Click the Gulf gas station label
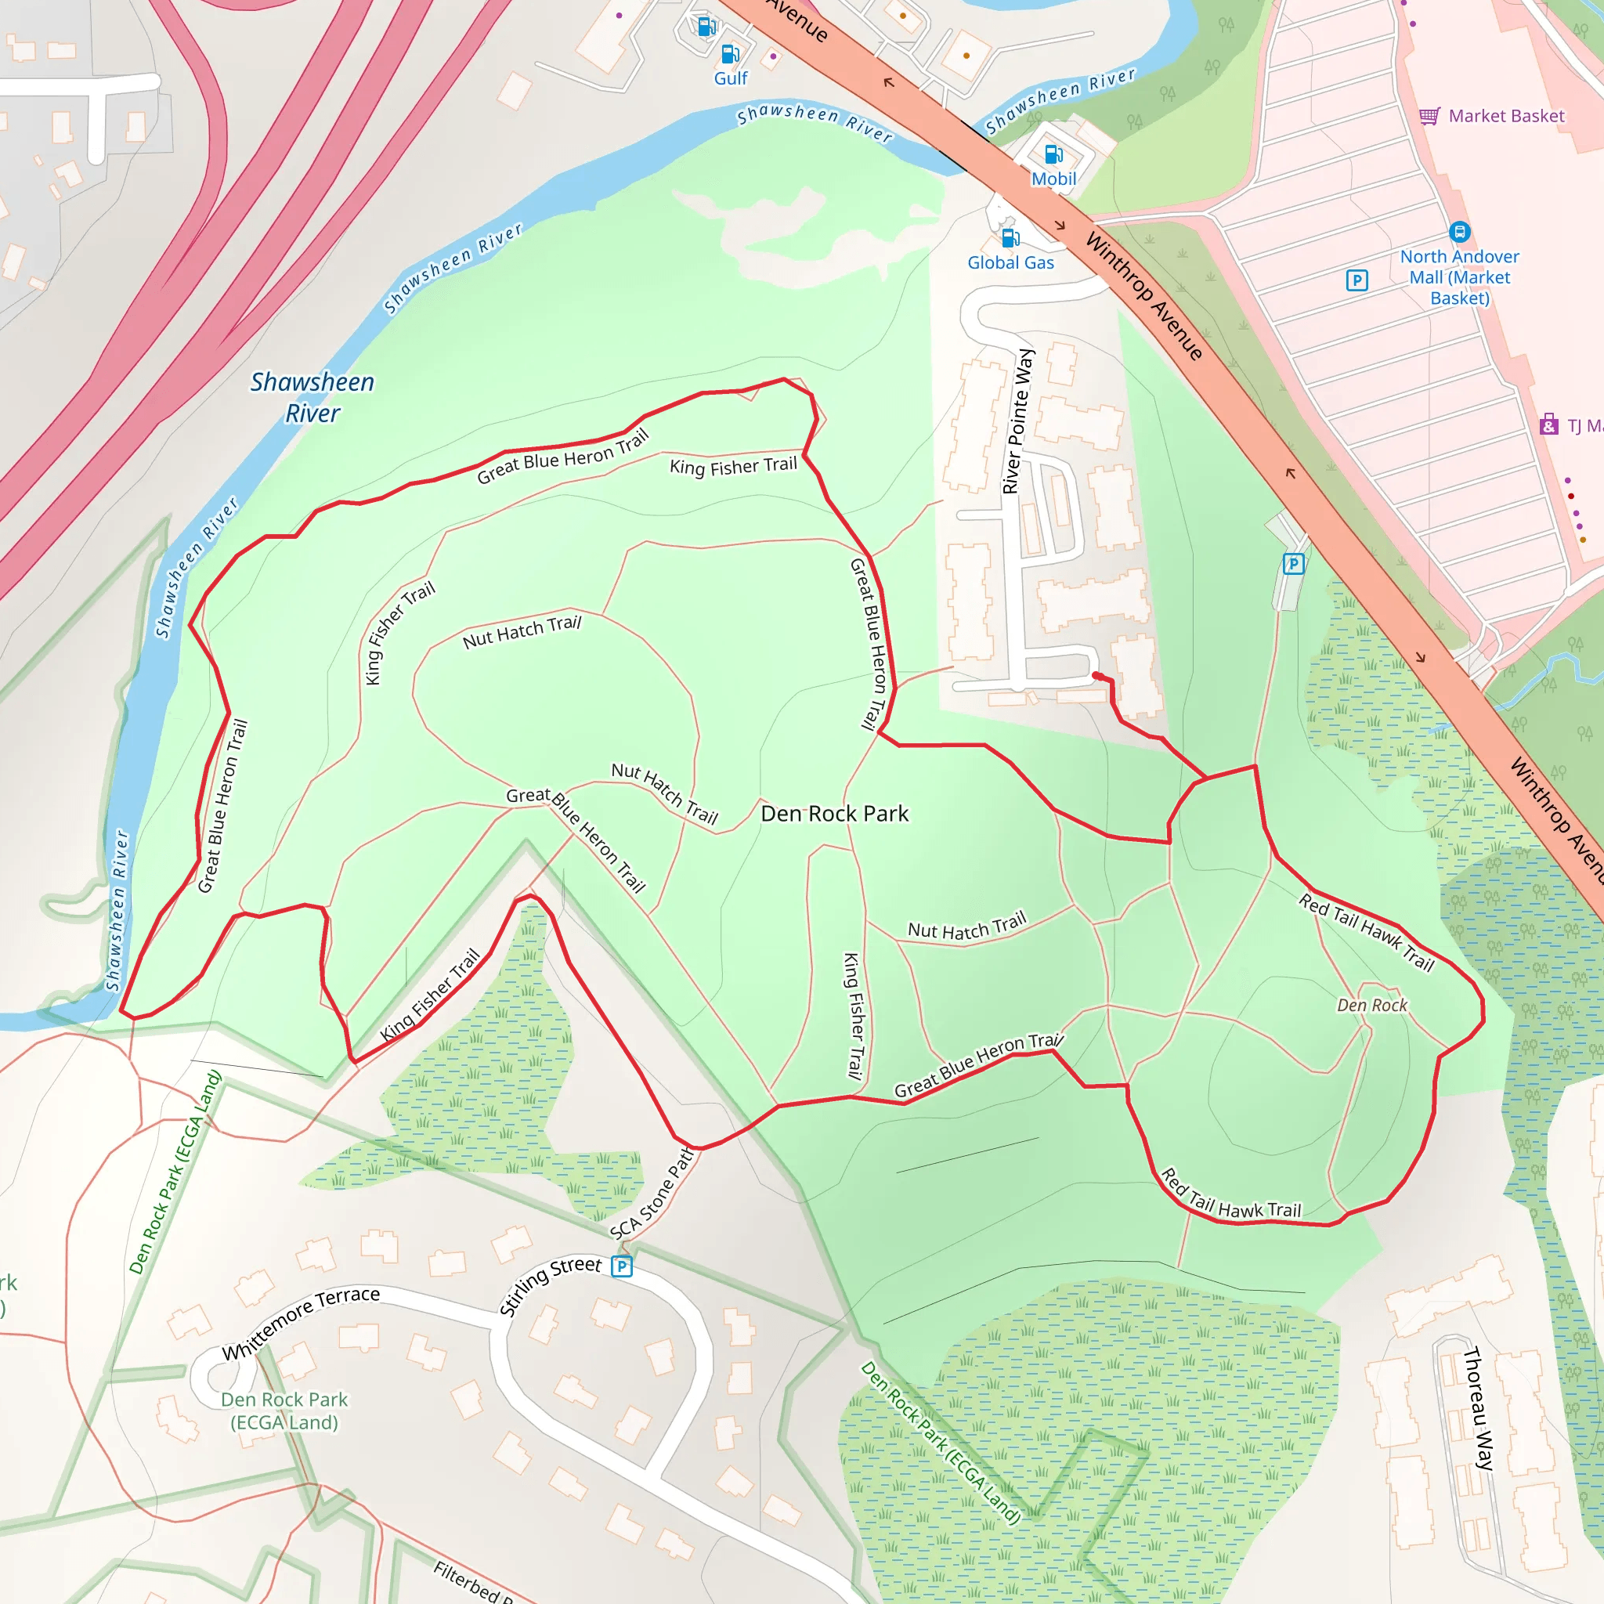click(731, 78)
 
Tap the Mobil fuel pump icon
click(1053, 154)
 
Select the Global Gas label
click(1010, 262)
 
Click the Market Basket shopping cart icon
click(1429, 116)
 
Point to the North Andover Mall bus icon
click(1460, 232)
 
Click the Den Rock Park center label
click(834, 814)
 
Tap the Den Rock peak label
click(1371, 1006)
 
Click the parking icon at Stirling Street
click(622, 1266)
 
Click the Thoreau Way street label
click(1478, 1409)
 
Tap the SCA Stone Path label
click(652, 1194)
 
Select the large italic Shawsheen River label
click(312, 398)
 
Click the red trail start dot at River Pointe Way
click(1096, 676)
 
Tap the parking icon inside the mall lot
click(1357, 280)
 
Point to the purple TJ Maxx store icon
click(1548, 425)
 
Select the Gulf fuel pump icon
click(730, 55)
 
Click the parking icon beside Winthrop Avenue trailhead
click(1292, 565)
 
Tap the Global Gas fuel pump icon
click(1010, 238)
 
